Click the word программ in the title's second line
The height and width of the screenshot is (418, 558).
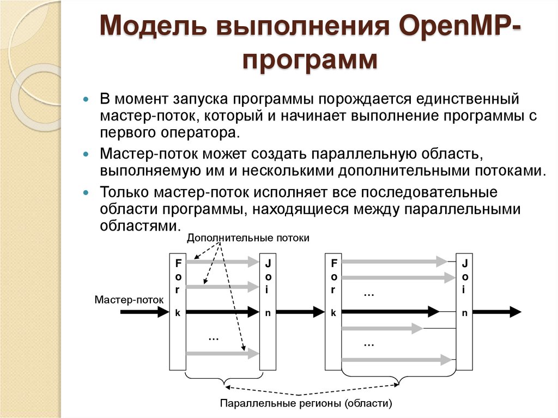310,60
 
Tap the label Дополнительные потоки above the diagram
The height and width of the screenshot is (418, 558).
248,238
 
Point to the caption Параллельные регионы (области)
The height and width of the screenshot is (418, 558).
306,404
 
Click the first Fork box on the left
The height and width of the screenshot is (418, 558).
178,311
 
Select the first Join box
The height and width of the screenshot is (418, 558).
268,311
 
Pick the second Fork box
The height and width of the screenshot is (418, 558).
333,311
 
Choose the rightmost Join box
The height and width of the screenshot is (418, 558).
464,311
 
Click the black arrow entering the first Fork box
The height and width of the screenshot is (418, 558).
144,312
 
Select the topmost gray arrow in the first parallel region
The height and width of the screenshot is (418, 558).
221,262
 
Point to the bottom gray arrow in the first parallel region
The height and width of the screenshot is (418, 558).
221,354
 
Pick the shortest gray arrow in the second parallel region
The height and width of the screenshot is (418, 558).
381,328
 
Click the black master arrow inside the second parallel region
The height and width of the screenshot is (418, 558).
390,312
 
